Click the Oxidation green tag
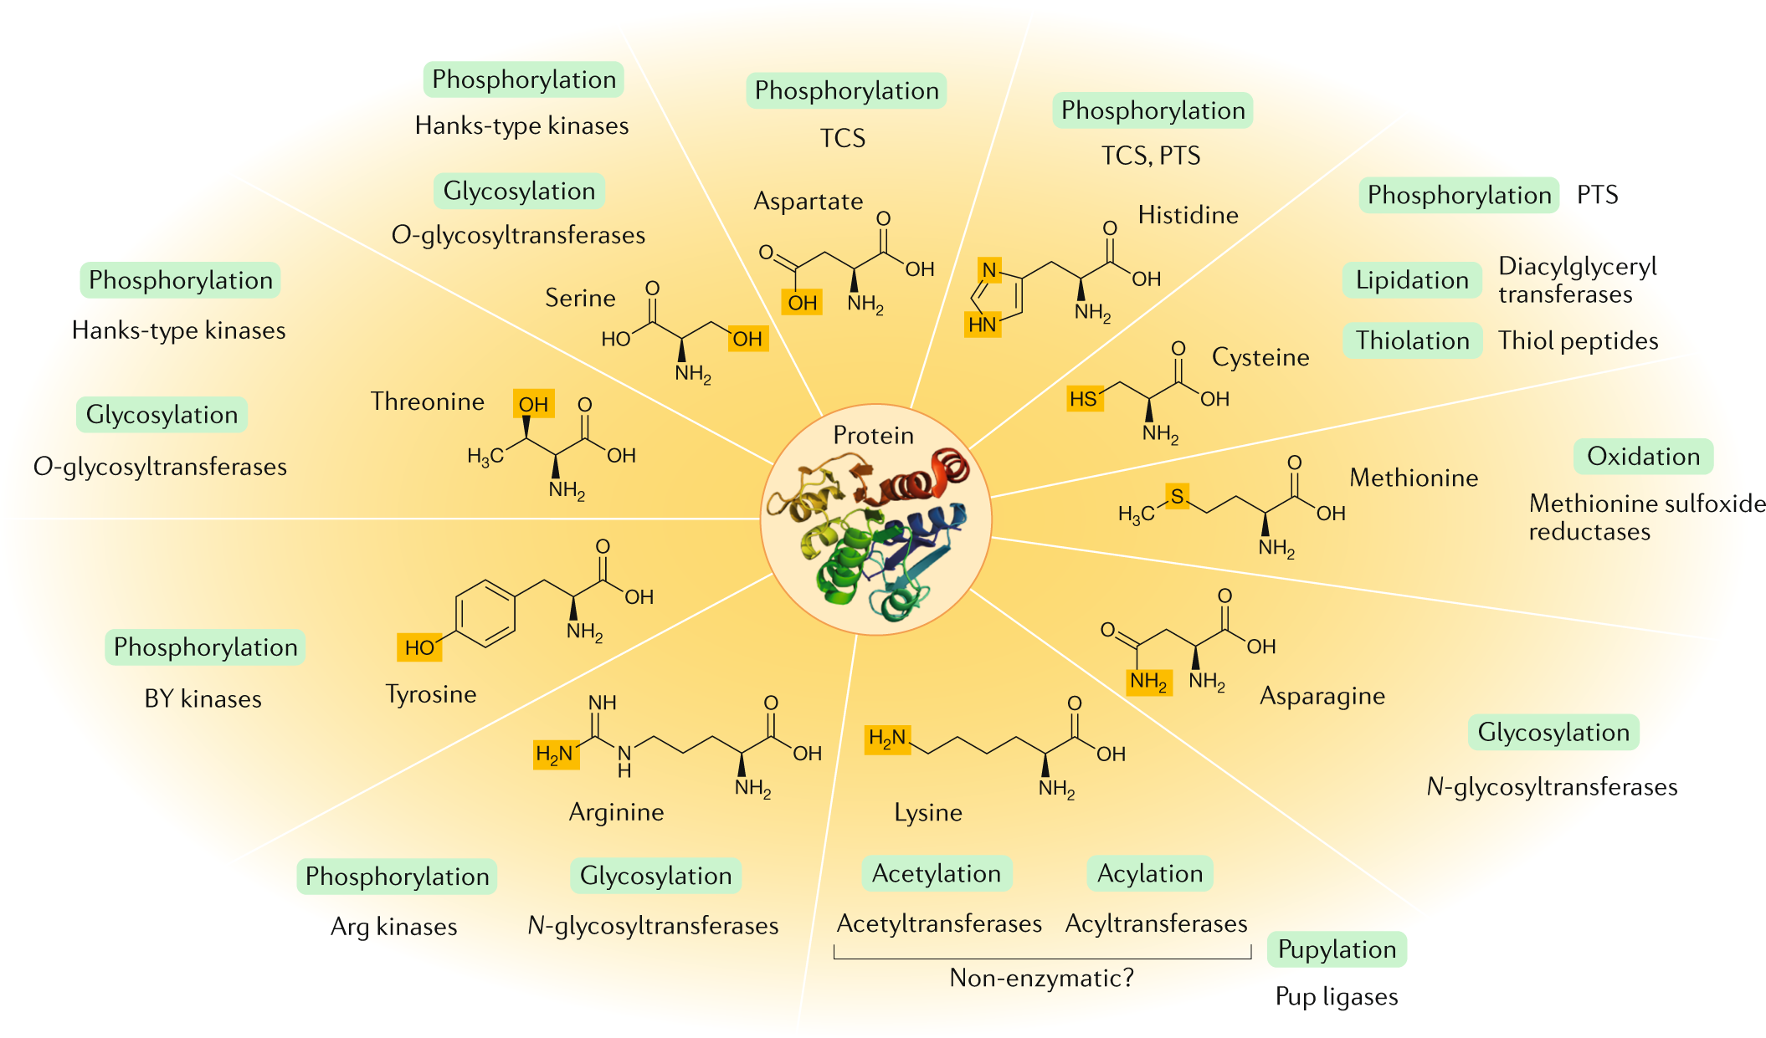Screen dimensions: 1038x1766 pyautogui.click(x=1643, y=457)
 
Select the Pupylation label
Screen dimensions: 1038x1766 pyautogui.click(x=1337, y=949)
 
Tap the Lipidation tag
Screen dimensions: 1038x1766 pyautogui.click(x=1412, y=280)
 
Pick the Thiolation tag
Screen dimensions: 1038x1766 pyautogui.click(x=1412, y=340)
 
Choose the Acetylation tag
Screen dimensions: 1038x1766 pyautogui.click(x=937, y=873)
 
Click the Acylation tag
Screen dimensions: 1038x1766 pyautogui.click(x=1150, y=873)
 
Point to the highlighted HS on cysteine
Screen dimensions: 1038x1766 pyautogui.click(x=1084, y=399)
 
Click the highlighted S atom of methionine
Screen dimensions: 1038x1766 pyautogui.click(x=1177, y=497)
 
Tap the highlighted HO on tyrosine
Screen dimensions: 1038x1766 pyautogui.click(x=418, y=647)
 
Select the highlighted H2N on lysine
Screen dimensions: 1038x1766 pyautogui.click(x=887, y=738)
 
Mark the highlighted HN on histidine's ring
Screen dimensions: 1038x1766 pyautogui.click(x=983, y=324)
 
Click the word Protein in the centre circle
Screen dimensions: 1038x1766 pyautogui.click(x=873, y=435)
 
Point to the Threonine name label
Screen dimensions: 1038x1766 pyautogui.click(x=427, y=401)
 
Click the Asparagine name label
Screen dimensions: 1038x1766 pyautogui.click(x=1322, y=696)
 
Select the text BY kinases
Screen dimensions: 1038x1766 pyautogui.click(x=203, y=698)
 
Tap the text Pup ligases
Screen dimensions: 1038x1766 pyautogui.click(x=1337, y=996)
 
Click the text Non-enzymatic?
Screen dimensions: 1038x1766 pyautogui.click(x=1041, y=978)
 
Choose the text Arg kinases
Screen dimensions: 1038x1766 pyautogui.click(x=393, y=926)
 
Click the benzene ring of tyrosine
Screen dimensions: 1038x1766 pyautogui.click(x=485, y=613)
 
